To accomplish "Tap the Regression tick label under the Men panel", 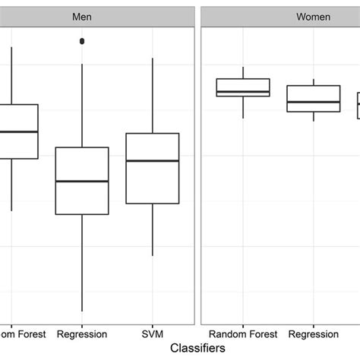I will (82, 333).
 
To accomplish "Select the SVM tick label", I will (153, 333).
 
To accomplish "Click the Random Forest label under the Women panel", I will (242, 333).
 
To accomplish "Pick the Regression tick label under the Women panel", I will (313, 333).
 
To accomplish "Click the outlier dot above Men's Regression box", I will (82, 41).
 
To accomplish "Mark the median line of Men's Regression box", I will (82, 182).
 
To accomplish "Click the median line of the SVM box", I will (153, 161).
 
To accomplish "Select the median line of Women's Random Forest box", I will (242, 92).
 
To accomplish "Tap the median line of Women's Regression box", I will (313, 102).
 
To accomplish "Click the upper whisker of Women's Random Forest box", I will (242, 73).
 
